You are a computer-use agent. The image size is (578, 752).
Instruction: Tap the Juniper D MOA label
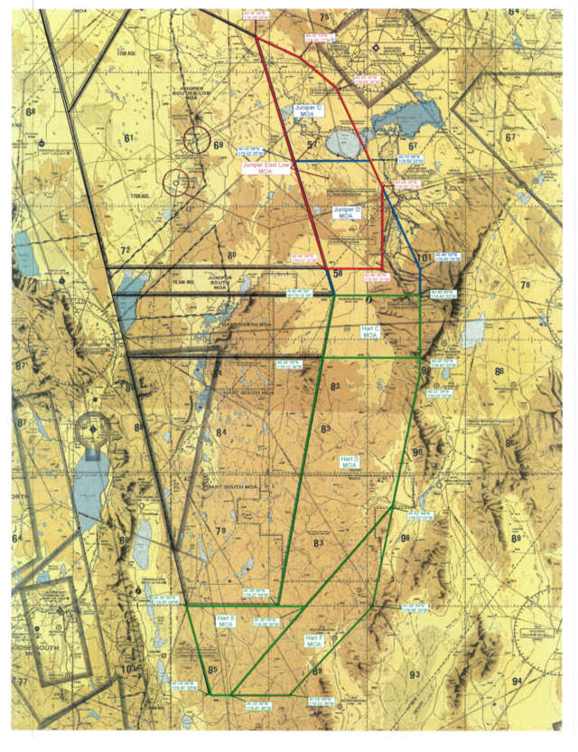point(348,212)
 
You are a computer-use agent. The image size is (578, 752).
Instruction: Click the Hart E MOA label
point(226,620)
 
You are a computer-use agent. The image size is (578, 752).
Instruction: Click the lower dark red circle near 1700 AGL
point(178,183)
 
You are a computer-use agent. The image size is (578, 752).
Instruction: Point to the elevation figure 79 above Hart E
point(220,529)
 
